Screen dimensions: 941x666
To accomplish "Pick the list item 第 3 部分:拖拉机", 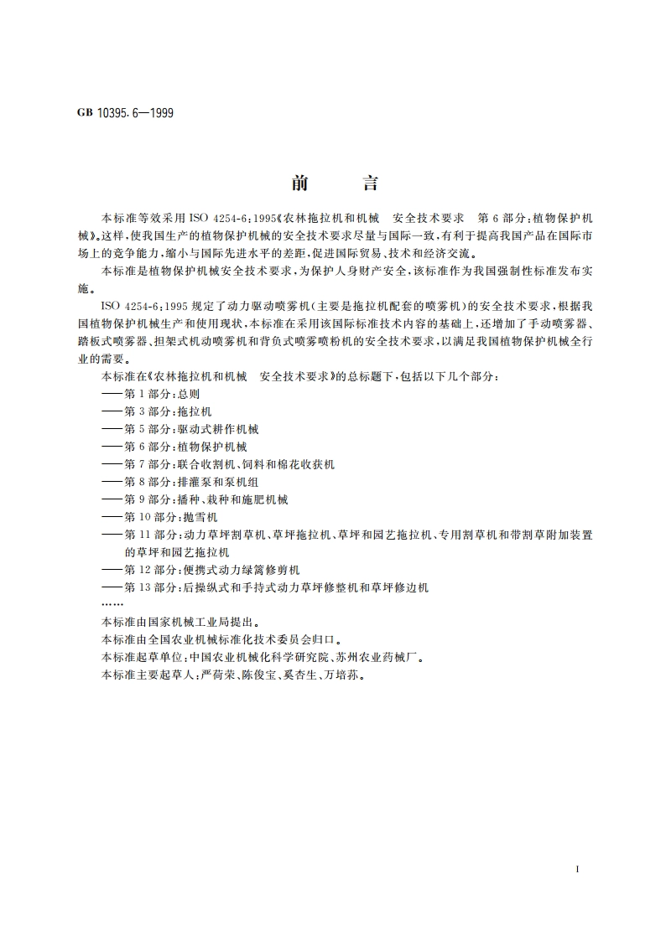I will tap(168, 411).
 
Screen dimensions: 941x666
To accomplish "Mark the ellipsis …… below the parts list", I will tap(112, 604).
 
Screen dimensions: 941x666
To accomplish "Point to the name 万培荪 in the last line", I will tap(346, 675).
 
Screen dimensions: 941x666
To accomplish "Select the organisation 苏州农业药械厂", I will tap(371, 657).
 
